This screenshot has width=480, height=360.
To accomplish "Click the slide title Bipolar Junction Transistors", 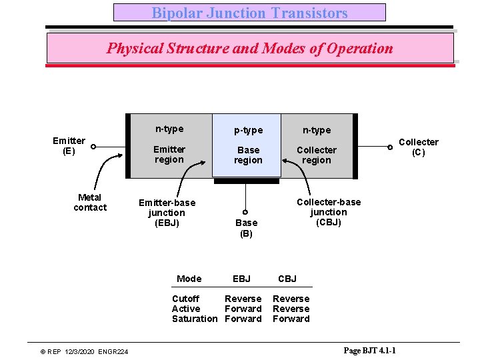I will pos(249,13).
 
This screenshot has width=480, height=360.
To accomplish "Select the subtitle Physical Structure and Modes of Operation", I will pos(249,48).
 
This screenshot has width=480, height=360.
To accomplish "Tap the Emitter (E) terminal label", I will pos(69,146).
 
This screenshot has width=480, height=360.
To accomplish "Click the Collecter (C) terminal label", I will pos(418,147).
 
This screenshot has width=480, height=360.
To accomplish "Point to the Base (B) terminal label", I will pos(246,228).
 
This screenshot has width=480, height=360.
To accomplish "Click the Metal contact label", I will pos(89,203).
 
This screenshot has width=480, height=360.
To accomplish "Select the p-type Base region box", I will pos(248,145).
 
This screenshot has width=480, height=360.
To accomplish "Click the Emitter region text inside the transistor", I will pos(169,155).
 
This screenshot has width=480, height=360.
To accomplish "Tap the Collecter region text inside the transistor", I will pos(316,155).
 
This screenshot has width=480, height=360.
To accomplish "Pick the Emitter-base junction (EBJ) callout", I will pos(167,213).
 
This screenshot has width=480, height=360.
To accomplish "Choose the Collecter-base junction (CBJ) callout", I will pos(328,212).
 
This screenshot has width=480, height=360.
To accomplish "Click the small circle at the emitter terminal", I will pos(94,147).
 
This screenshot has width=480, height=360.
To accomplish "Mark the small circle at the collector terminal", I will pos(390,147).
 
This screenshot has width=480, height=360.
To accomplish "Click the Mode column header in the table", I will pos(189,279).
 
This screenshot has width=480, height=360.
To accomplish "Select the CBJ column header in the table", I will pos(287,279).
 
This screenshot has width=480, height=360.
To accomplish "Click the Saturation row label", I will pos(194,319).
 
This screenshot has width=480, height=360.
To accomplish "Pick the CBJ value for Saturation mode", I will pos(291,319).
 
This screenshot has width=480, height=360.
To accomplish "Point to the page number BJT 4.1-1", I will pos(370,351).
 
